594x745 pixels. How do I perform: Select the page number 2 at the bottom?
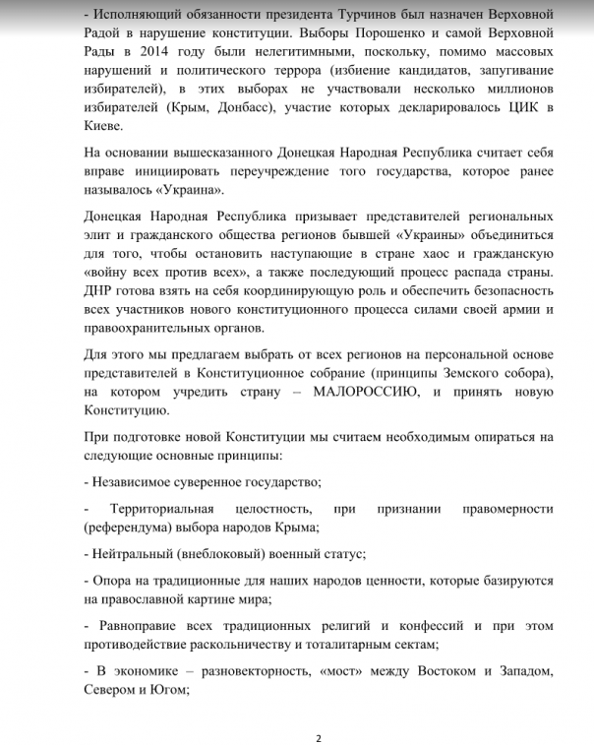[318, 735]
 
